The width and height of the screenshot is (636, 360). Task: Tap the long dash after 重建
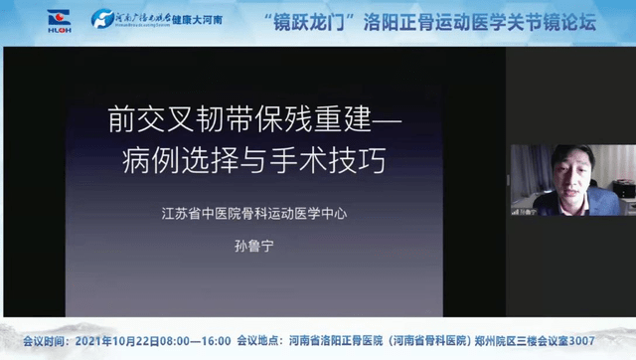381,120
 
